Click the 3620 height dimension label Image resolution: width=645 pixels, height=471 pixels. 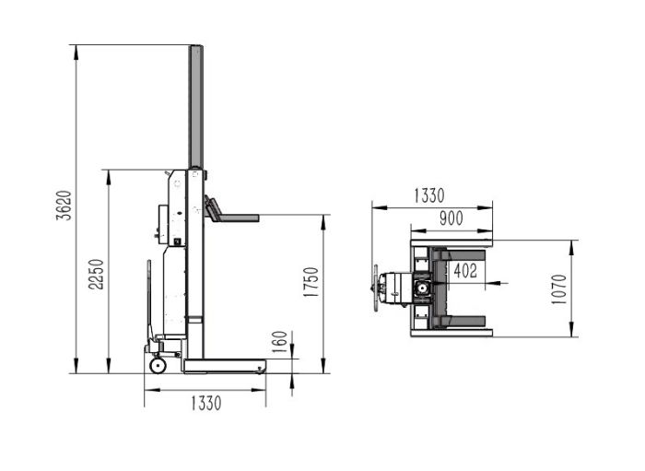pyautogui.click(x=64, y=206)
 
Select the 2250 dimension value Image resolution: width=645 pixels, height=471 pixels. pyautogui.click(x=97, y=274)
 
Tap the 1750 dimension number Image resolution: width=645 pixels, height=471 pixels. pyautogui.click(x=311, y=282)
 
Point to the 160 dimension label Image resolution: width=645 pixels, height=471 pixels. pyautogui.click(x=280, y=341)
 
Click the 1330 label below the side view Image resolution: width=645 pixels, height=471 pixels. pyautogui.click(x=206, y=403)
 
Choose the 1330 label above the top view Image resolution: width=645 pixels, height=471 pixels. pyautogui.click(x=429, y=195)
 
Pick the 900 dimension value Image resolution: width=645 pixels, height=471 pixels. pyautogui.click(x=451, y=218)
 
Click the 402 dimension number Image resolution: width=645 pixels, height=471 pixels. pyautogui.click(x=465, y=271)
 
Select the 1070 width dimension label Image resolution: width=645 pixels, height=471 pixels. pyautogui.click(x=559, y=289)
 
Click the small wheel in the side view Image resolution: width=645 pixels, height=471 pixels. pyautogui.click(x=158, y=365)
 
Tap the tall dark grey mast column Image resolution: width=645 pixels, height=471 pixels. pyautogui.click(x=195, y=107)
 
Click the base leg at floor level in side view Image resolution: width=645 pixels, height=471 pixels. pyautogui.click(x=225, y=366)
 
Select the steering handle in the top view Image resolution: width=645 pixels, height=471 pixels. pyautogui.click(x=376, y=288)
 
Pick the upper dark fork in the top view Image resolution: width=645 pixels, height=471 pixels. pyautogui.click(x=460, y=256)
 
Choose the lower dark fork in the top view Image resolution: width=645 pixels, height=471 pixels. pyautogui.click(x=460, y=322)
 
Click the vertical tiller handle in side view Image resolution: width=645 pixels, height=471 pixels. pyautogui.click(x=149, y=300)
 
